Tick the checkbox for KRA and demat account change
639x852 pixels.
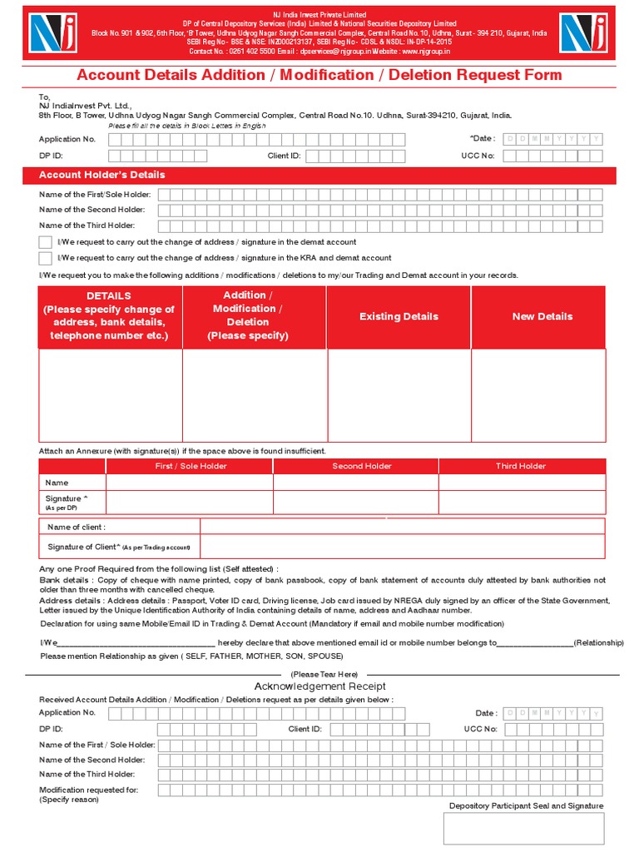45,258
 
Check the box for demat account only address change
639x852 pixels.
45,242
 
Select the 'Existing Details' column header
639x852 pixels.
399,316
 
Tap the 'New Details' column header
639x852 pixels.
542,316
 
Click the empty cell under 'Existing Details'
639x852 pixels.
399,395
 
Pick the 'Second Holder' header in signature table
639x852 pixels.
362,466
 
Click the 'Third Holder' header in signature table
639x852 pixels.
521,466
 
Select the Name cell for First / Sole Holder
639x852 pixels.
189,483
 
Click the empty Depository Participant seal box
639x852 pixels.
523,829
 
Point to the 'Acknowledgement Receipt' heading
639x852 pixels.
319,686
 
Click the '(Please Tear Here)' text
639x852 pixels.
324,674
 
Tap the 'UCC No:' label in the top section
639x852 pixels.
478,156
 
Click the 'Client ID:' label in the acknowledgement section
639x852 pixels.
305,729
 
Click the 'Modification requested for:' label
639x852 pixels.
88,790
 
